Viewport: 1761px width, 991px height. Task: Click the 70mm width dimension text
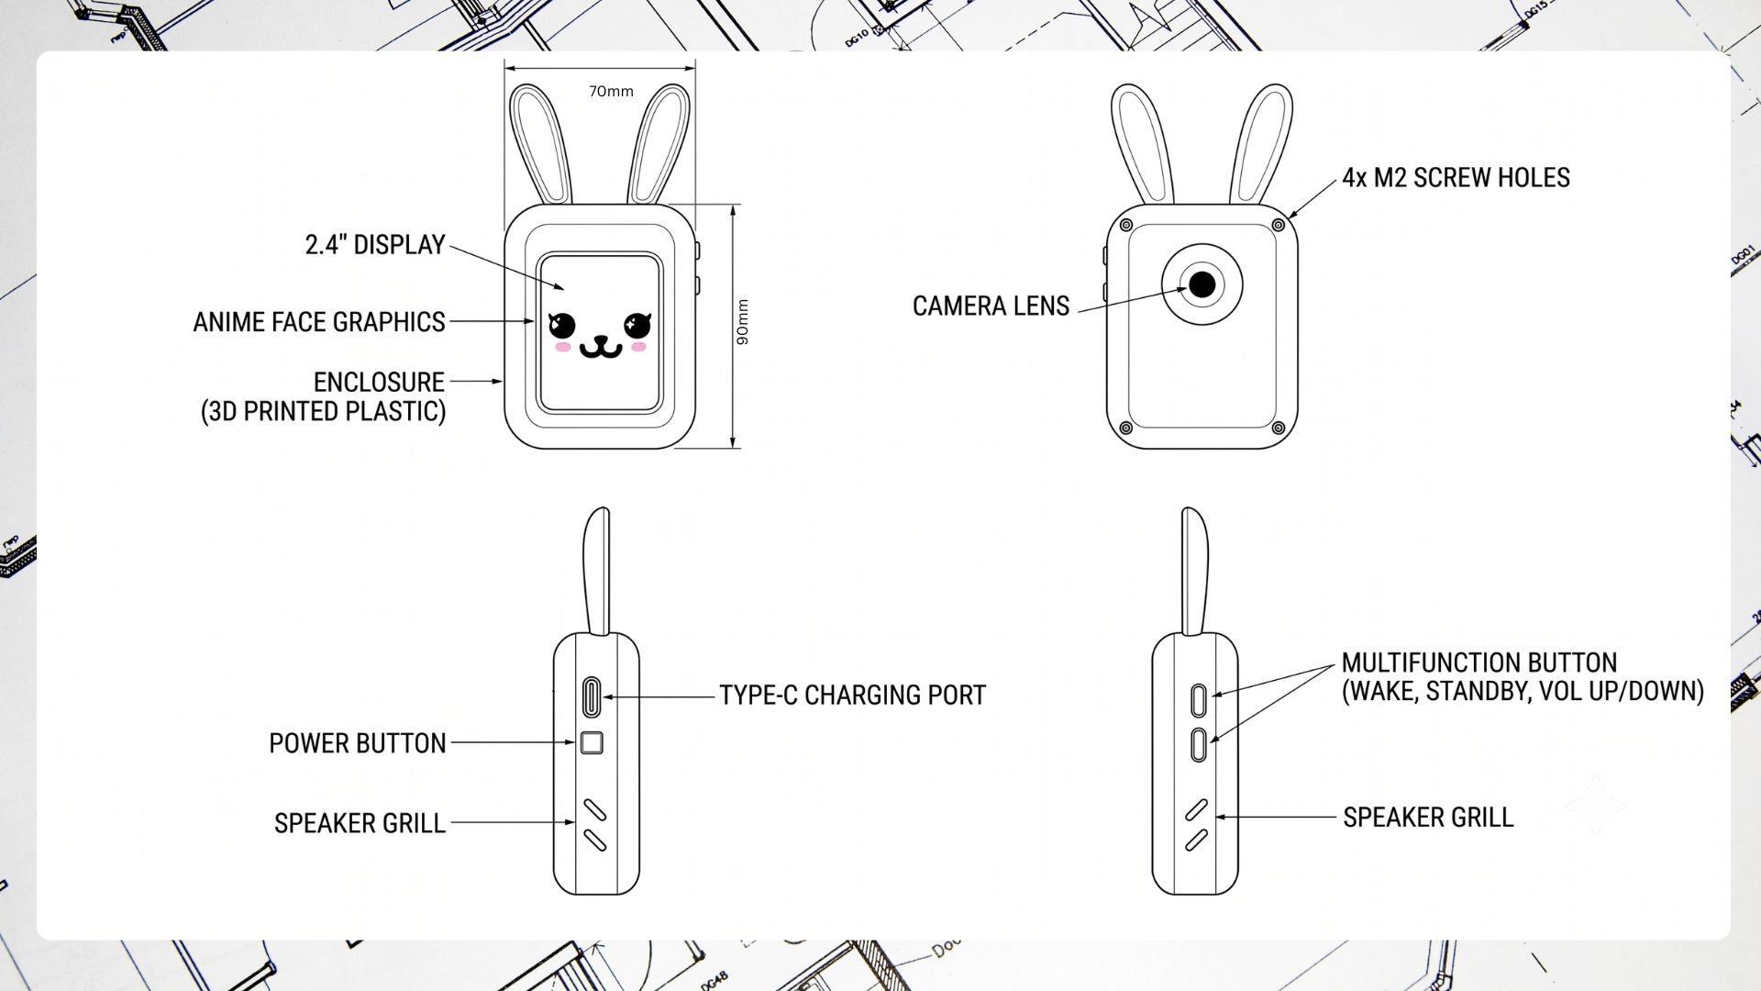pyautogui.click(x=611, y=91)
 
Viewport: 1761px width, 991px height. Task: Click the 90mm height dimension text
pyautogui.click(x=743, y=322)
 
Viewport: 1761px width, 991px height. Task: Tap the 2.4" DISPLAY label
pyautogui.click(x=375, y=245)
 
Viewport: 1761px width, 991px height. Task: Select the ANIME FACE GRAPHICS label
pyautogui.click(x=319, y=322)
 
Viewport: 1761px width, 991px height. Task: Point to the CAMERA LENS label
pyautogui.click(x=991, y=306)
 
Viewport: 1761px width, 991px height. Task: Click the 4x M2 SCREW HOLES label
pyautogui.click(x=1456, y=178)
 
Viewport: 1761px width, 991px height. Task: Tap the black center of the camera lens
pyautogui.click(x=1202, y=284)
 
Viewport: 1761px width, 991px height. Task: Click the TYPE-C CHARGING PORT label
pyautogui.click(x=852, y=696)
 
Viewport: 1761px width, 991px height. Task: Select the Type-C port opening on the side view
pyautogui.click(x=592, y=697)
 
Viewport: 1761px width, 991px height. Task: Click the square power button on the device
pyautogui.click(x=592, y=742)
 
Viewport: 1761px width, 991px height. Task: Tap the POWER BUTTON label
pyautogui.click(x=358, y=743)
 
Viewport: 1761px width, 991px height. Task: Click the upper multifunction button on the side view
pyautogui.click(x=1198, y=701)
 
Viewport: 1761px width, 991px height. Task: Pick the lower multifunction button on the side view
pyautogui.click(x=1198, y=745)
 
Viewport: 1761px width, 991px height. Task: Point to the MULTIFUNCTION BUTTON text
pyautogui.click(x=1479, y=663)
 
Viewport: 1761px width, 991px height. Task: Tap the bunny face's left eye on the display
pyautogui.click(x=561, y=325)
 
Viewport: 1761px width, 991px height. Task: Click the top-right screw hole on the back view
pyautogui.click(x=1278, y=225)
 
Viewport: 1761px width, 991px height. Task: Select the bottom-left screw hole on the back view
pyautogui.click(x=1126, y=428)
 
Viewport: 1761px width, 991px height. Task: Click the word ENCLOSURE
pyautogui.click(x=379, y=382)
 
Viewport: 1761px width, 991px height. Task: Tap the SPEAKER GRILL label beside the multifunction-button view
pyautogui.click(x=1428, y=818)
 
